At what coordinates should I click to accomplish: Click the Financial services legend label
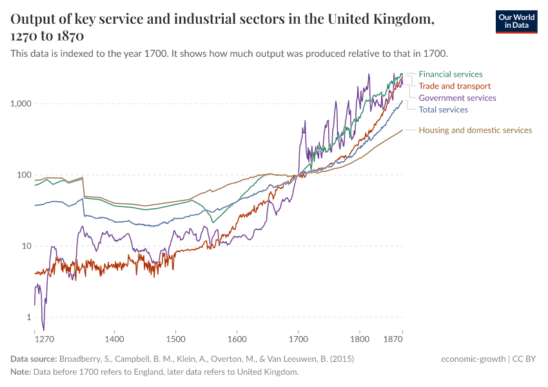(450, 74)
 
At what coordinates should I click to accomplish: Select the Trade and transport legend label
(455, 86)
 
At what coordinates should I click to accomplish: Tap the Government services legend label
(457, 98)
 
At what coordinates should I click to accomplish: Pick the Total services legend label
(443, 110)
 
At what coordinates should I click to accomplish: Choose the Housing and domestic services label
(475, 130)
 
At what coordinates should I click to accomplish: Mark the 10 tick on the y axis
(27, 246)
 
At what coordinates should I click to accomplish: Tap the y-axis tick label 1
(30, 317)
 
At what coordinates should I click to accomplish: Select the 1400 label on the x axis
(114, 338)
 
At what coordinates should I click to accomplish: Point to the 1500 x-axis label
(175, 338)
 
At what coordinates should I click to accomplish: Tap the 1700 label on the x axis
(298, 338)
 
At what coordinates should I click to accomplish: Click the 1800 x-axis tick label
(359, 338)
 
